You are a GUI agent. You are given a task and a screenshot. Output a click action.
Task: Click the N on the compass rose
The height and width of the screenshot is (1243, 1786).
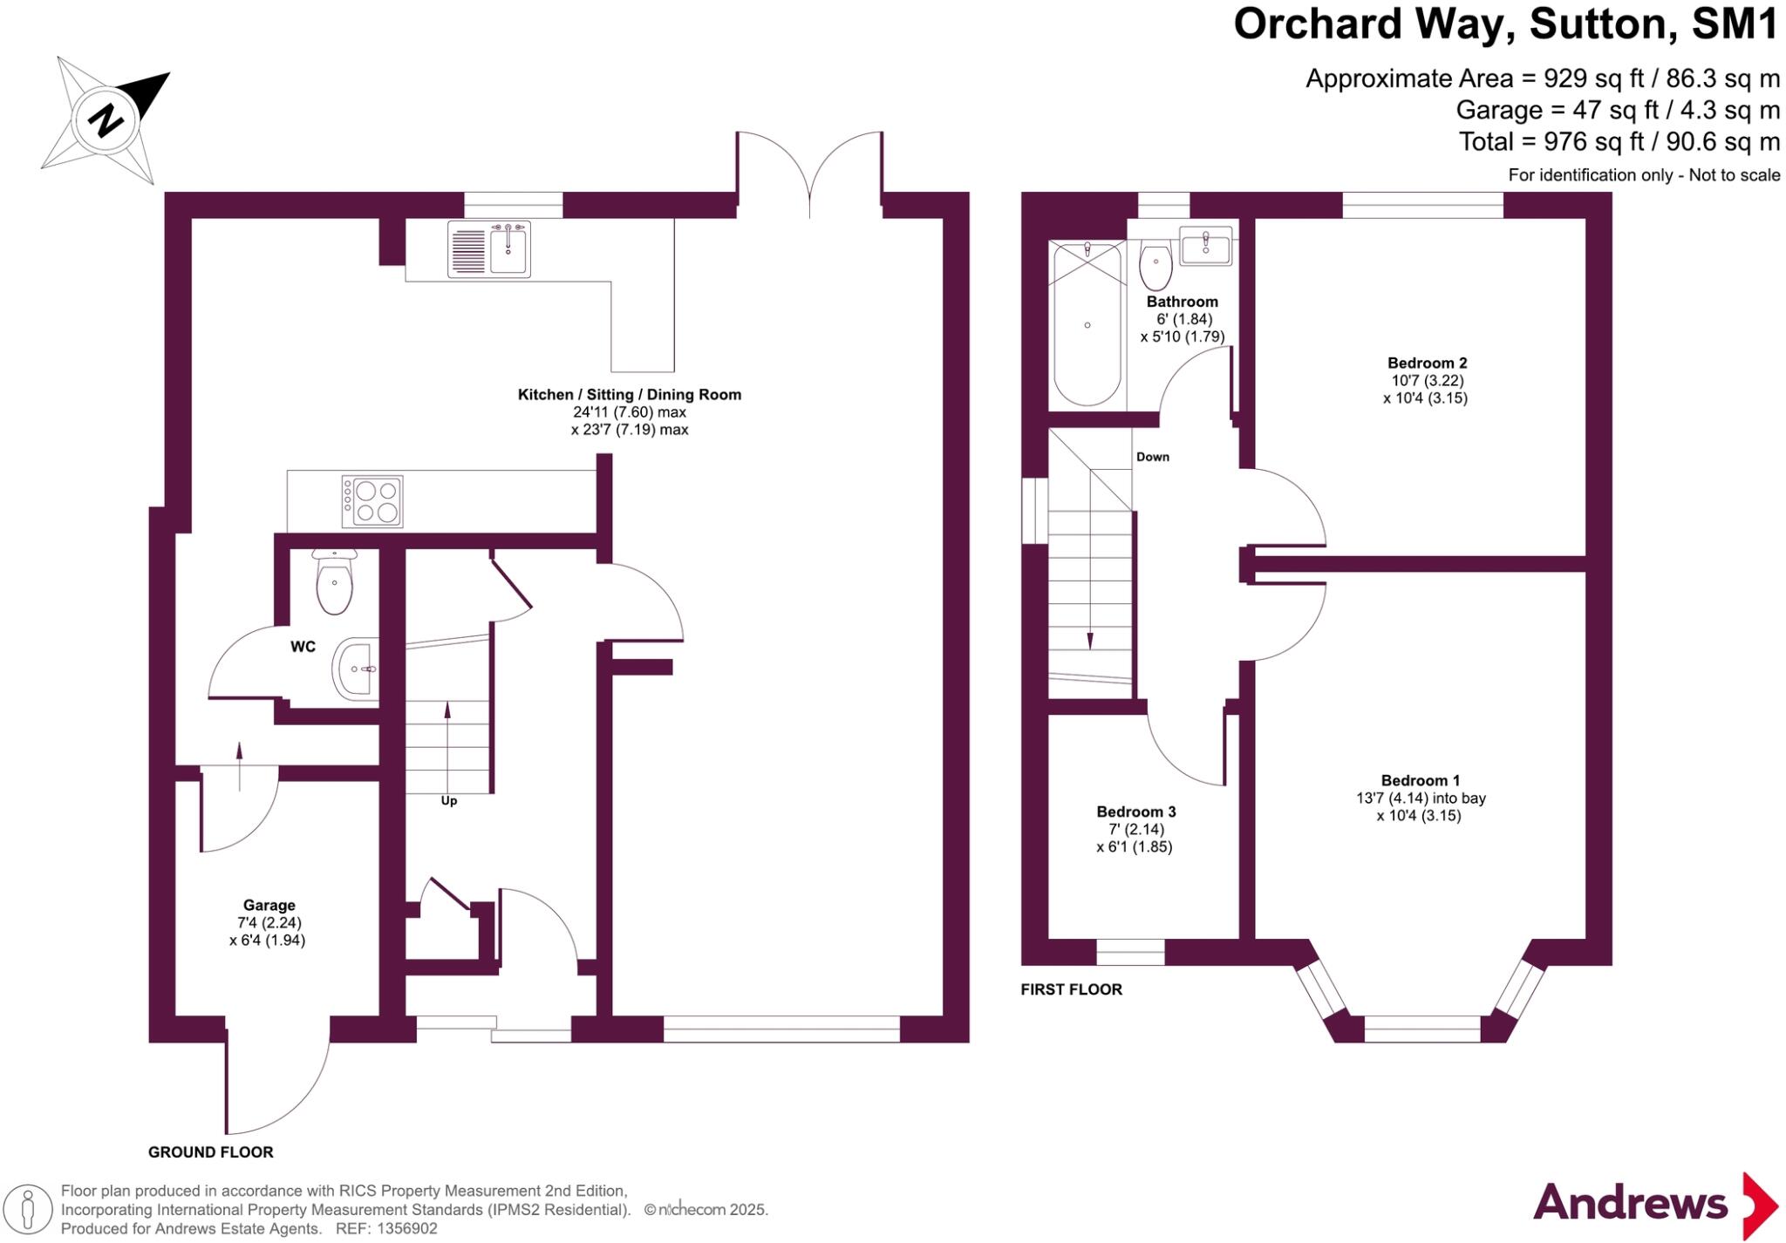click(x=106, y=120)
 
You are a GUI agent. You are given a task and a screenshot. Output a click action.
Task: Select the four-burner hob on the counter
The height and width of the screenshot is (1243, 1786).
click(x=372, y=501)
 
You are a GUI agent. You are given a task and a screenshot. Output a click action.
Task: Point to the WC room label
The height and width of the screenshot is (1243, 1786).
click(x=303, y=647)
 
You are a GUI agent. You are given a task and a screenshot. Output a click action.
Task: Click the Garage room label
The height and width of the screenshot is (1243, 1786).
click(x=269, y=905)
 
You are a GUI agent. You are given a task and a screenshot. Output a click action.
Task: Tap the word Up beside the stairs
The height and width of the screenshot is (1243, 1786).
click(x=448, y=801)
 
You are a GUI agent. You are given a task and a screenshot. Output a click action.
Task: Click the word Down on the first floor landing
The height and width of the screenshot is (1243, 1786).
click(x=1152, y=457)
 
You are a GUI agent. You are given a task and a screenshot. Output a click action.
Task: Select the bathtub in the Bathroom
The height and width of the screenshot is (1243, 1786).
click(x=1087, y=324)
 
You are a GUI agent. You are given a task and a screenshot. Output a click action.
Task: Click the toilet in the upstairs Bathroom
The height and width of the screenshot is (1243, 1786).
click(x=1156, y=267)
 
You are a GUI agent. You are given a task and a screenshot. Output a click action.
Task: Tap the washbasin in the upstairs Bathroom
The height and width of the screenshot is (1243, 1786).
click(x=1206, y=245)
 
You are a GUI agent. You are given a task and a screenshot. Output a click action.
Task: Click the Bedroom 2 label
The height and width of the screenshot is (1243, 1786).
click(x=1427, y=363)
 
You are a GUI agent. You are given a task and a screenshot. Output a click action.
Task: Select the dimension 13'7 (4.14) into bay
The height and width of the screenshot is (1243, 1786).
click(x=1421, y=798)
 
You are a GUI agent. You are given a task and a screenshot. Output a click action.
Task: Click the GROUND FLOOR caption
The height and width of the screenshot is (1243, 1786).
click(x=211, y=1151)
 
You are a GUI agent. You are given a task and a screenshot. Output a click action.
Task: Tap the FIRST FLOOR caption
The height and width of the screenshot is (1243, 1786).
click(x=1071, y=989)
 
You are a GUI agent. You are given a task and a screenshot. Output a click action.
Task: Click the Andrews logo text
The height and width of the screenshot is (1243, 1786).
click(x=1630, y=1204)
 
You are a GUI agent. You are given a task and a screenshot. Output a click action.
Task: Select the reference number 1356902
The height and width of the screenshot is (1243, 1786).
click(x=406, y=1229)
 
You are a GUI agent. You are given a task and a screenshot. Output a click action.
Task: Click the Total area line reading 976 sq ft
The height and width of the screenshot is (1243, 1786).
click(x=1619, y=141)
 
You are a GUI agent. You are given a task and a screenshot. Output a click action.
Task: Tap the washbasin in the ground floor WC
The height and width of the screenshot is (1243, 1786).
click(x=356, y=669)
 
